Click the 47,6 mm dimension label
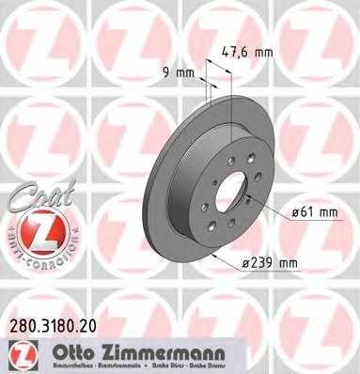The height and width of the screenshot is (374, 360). click(250, 55)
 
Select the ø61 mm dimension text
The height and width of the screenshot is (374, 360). click(313, 212)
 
